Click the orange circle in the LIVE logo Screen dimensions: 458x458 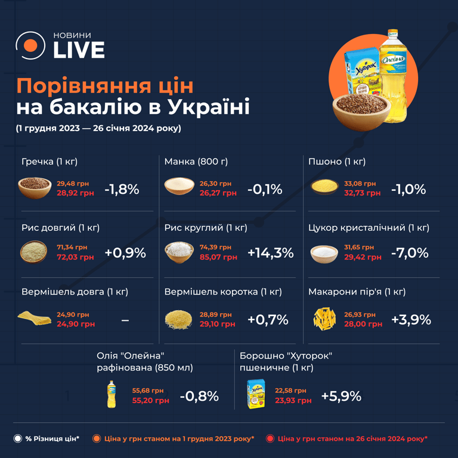pos(30,46)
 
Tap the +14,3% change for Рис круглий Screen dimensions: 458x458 pos(270,252)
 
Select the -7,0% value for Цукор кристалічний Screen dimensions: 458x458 pos(410,252)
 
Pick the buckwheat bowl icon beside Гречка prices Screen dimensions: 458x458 pos(34,188)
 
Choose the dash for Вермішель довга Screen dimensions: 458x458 pos(125,320)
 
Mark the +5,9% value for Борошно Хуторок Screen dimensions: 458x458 pos(341,396)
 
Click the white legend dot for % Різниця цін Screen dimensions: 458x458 pos(18,439)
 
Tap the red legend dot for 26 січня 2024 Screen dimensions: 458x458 pos(270,439)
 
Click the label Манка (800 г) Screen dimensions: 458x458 pos(196,162)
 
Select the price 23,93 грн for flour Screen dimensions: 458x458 pos(293,401)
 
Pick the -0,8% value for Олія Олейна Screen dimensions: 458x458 pos(199,396)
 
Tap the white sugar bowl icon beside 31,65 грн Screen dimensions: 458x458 pos(325,253)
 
